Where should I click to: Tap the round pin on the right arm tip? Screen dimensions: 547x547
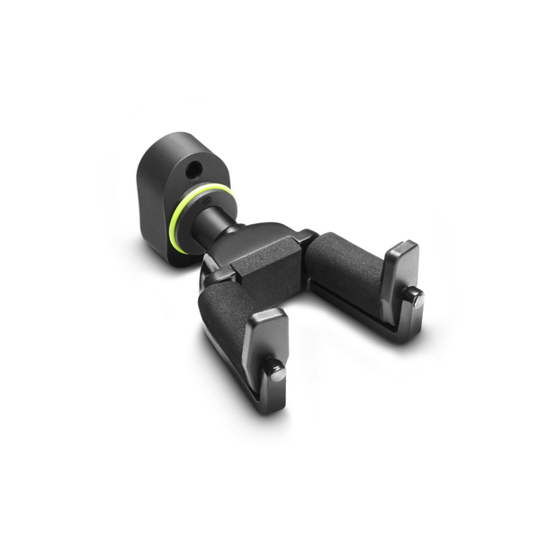(417, 300)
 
